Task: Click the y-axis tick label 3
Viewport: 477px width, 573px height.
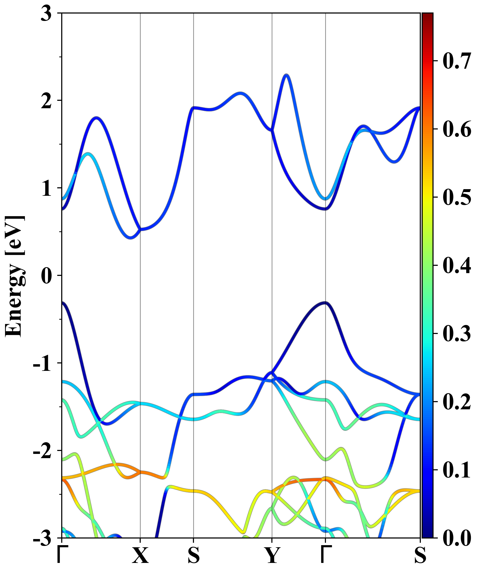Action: pyautogui.click(x=46, y=14)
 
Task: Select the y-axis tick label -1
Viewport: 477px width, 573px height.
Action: pyautogui.click(x=42, y=363)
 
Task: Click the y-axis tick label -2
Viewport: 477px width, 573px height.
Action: pyautogui.click(x=42, y=451)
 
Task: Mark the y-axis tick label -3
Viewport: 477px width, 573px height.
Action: pyautogui.click(x=42, y=538)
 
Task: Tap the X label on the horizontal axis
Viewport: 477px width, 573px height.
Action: pyautogui.click(x=140, y=555)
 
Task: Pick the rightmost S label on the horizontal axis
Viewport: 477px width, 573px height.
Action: pyautogui.click(x=420, y=555)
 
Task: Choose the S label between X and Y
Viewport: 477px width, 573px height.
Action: pyautogui.click(x=193, y=555)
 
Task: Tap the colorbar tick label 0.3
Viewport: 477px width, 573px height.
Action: pyautogui.click(x=457, y=333)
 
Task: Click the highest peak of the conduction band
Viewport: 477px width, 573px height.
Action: pyautogui.click(x=286, y=75)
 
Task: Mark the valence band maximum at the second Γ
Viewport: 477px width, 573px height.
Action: pyautogui.click(x=325, y=303)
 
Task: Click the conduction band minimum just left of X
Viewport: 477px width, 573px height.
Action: pyautogui.click(x=131, y=238)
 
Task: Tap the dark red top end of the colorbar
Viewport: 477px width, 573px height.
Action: pyautogui.click(x=427, y=16)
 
